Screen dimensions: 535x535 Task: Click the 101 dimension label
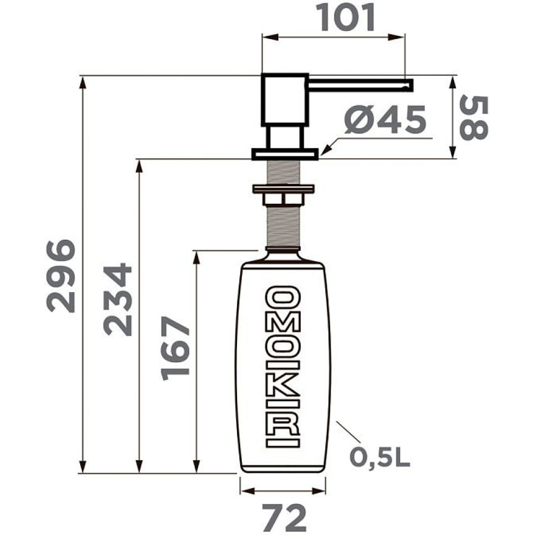[347, 18]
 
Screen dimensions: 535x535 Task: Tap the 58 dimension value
[474, 118]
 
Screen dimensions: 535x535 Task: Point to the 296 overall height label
[61, 276]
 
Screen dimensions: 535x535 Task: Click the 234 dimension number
[117, 299]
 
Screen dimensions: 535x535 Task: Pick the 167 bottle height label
[175, 348]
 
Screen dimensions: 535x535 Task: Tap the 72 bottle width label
[284, 518]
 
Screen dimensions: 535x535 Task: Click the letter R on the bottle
[283, 422]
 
